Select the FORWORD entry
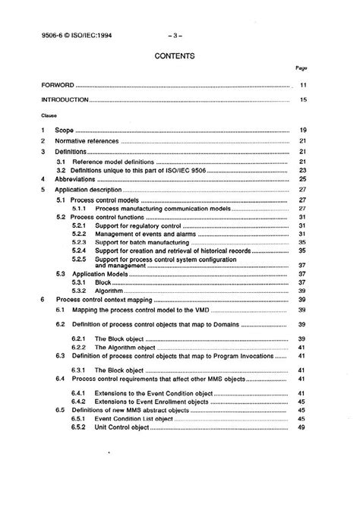(58, 87)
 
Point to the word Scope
(65, 131)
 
